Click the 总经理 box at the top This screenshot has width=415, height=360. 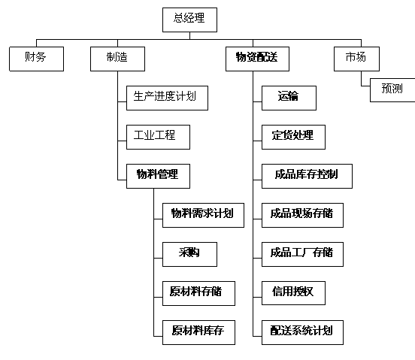coord(189,20)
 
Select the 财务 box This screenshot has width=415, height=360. coord(37,59)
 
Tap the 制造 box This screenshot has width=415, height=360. coord(117,59)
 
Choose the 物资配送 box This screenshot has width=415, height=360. coord(257,59)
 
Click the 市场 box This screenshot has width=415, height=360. coord(356,59)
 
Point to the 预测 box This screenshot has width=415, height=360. coord(392,90)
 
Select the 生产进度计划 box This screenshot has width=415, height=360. coord(167,98)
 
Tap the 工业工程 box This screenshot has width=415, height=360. coord(159,137)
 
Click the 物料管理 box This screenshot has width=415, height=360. coord(159,176)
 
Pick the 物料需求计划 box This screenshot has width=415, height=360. coord(203,215)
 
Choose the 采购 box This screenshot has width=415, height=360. coord(189,254)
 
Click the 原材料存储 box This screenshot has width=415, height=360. coord(198,293)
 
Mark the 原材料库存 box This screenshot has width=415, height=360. coord(198,332)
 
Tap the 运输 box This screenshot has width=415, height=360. coord(289,98)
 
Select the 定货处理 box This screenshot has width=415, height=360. coord(293,137)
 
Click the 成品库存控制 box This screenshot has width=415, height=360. coord(307,176)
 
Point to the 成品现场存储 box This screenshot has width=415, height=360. coord(302,215)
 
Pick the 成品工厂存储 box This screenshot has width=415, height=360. coord(302,254)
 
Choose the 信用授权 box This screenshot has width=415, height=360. coord(293,293)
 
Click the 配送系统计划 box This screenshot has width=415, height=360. coord(302,332)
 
